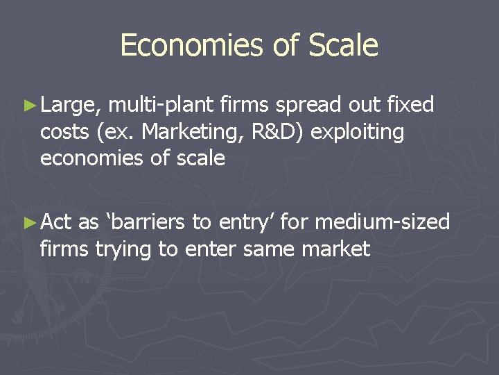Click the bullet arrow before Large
coord(28,106)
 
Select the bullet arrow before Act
coord(28,222)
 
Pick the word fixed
coord(410,105)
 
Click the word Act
coord(57,222)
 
